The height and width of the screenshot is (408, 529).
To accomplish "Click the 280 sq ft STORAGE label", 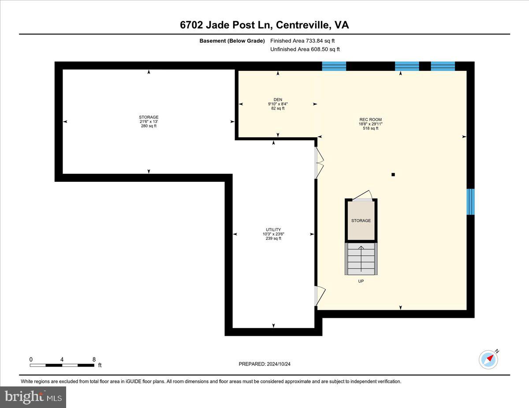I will [x=149, y=121].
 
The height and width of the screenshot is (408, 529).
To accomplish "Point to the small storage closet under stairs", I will [x=361, y=221].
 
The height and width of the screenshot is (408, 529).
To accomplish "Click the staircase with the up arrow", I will [x=361, y=259].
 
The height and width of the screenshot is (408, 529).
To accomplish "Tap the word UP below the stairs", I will [x=361, y=281].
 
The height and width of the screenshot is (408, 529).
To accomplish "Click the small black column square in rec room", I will [x=393, y=175].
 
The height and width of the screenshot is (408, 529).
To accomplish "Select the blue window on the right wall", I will [x=470, y=202].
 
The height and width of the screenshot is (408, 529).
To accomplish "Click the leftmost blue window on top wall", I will [x=334, y=66].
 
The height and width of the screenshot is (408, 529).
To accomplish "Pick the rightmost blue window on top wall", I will [x=443, y=66].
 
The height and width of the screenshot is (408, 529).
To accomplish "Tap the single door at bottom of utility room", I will [x=319, y=296].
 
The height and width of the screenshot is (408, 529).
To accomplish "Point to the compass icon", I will [x=488, y=359].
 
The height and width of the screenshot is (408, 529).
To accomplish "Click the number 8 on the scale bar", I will [x=94, y=359].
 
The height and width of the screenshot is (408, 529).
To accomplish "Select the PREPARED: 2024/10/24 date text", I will [x=264, y=364].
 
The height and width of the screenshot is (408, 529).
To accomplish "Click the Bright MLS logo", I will [x=34, y=397].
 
